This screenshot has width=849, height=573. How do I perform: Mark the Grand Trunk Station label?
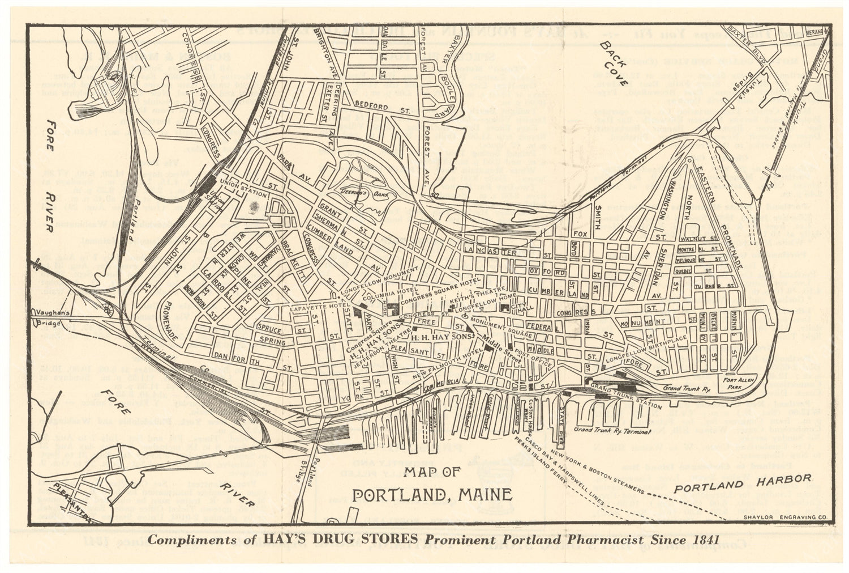[x=625, y=396]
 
